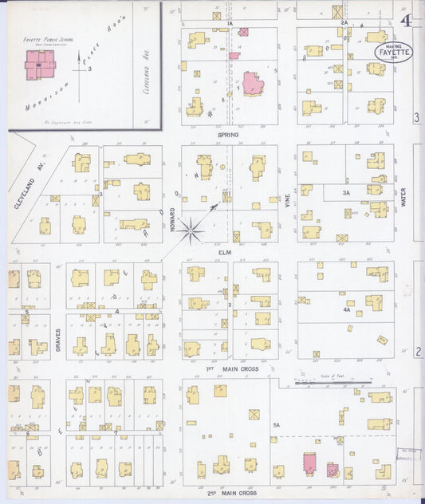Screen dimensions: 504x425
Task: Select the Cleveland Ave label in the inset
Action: tap(147, 80)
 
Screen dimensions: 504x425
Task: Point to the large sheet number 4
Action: tap(407, 20)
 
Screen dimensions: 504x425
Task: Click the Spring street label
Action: tap(229, 135)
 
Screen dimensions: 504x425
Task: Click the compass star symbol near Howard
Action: tap(191, 232)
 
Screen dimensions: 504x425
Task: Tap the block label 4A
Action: tap(347, 309)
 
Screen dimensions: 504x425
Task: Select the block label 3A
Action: tap(346, 192)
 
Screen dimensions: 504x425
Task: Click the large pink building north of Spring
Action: tap(253, 84)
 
